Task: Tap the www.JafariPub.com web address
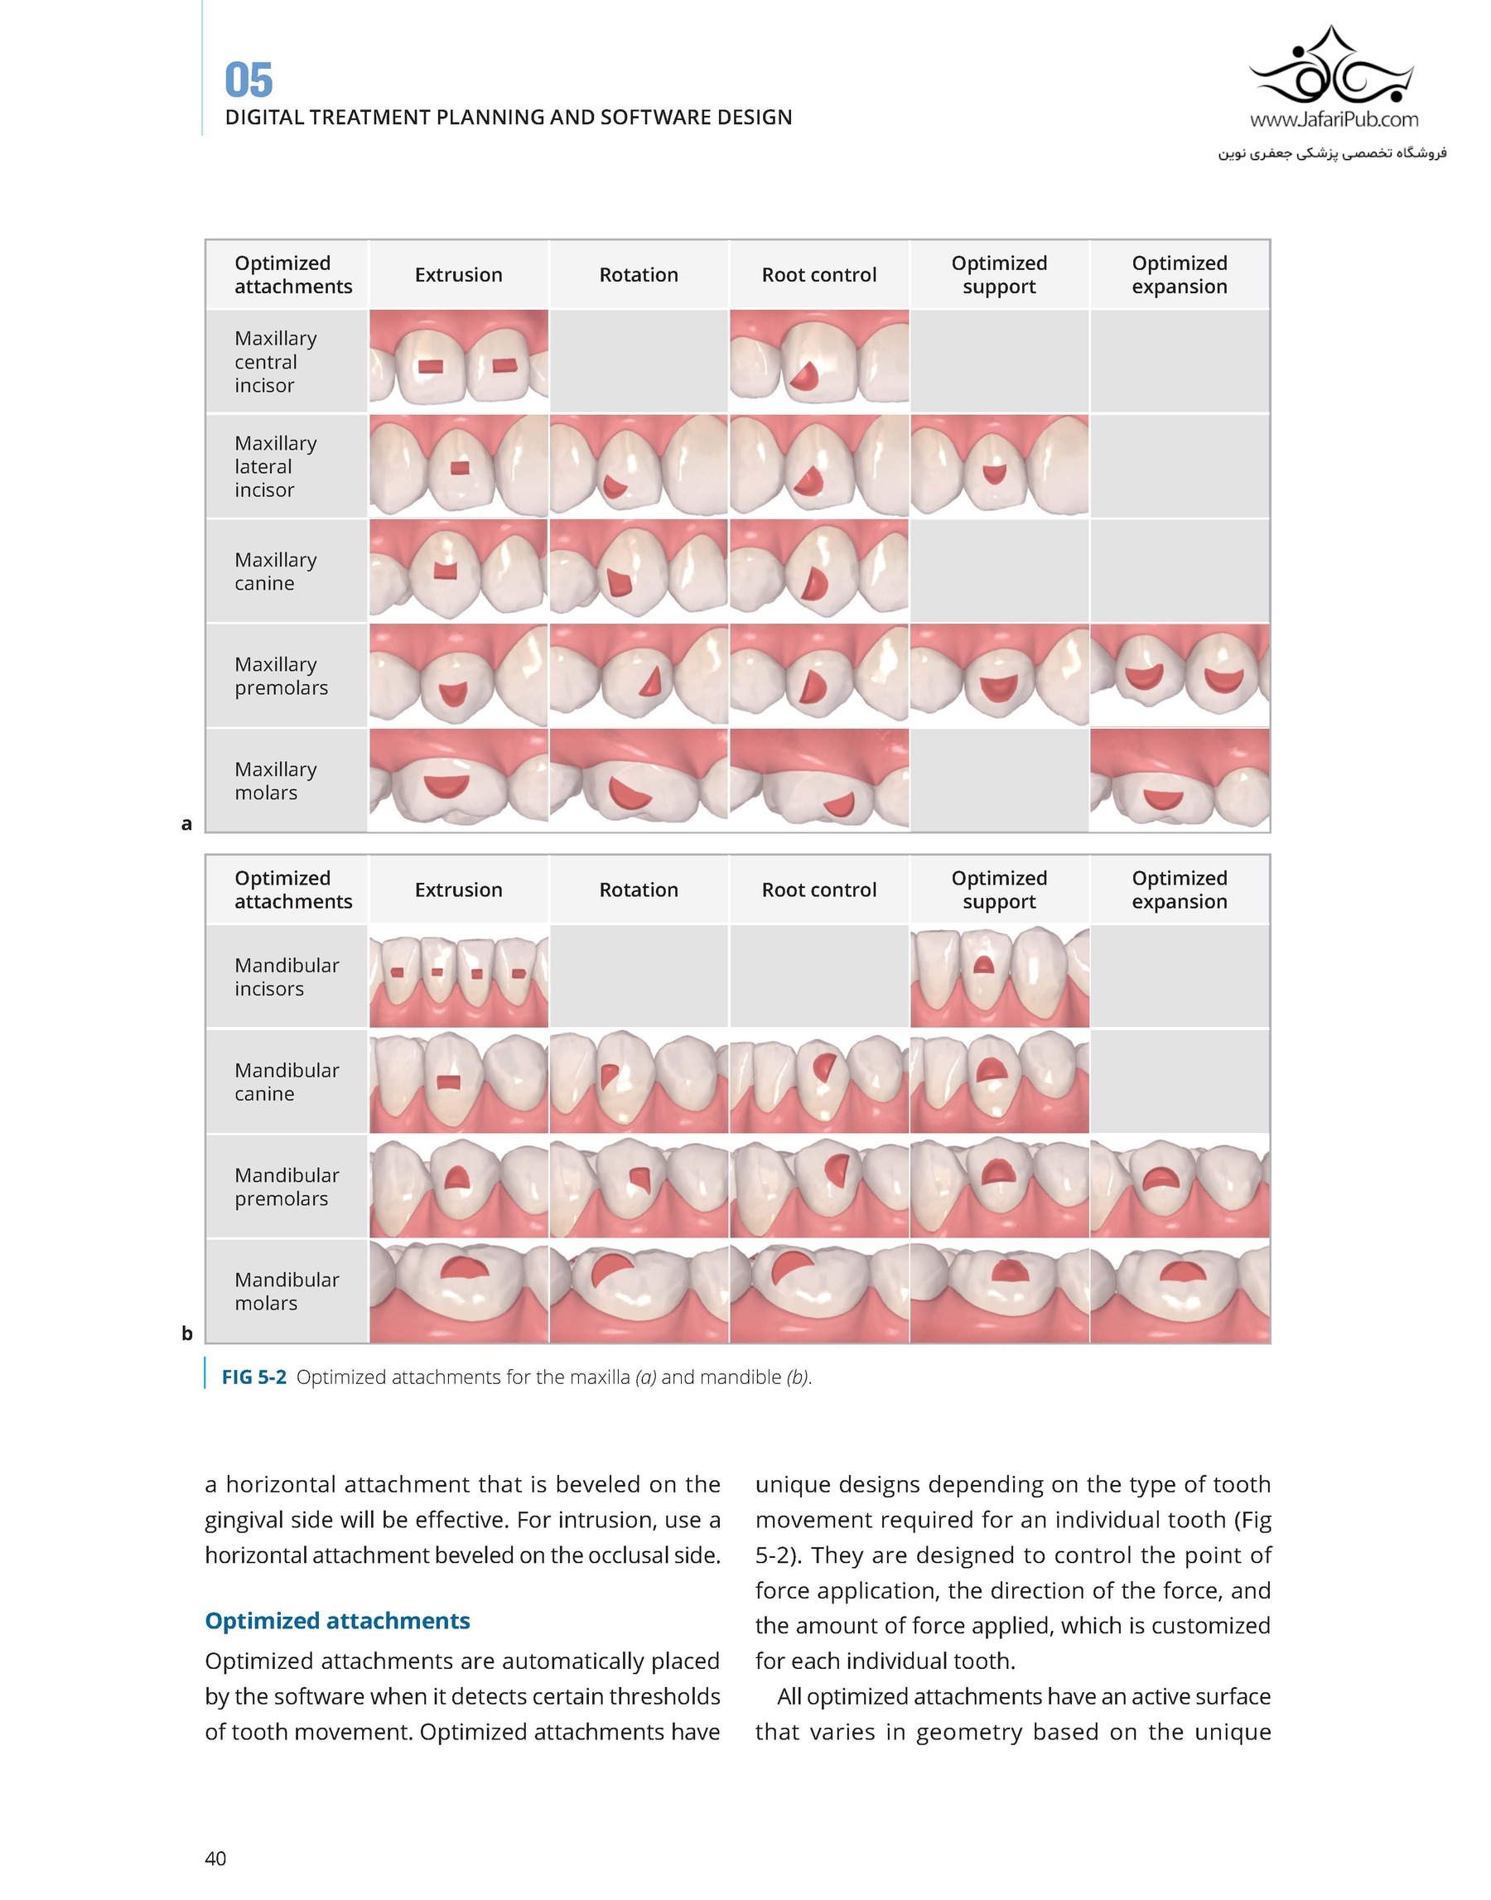click(x=1334, y=119)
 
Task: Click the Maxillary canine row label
click(x=275, y=571)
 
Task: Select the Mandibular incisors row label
click(x=287, y=977)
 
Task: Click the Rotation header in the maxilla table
click(x=638, y=275)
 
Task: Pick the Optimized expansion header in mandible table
click(x=1180, y=890)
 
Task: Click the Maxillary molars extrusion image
click(x=458, y=780)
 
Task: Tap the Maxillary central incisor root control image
click(x=819, y=360)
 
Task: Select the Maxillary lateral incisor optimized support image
click(x=999, y=466)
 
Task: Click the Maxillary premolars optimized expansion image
click(x=1180, y=675)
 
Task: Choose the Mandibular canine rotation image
click(x=638, y=1082)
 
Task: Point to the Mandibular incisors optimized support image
click(x=999, y=977)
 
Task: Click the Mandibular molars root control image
click(x=819, y=1290)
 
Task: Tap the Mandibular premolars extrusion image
click(x=458, y=1186)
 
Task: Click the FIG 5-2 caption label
click(x=253, y=1377)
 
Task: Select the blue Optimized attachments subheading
click(x=337, y=1621)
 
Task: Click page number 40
click(x=215, y=1858)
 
